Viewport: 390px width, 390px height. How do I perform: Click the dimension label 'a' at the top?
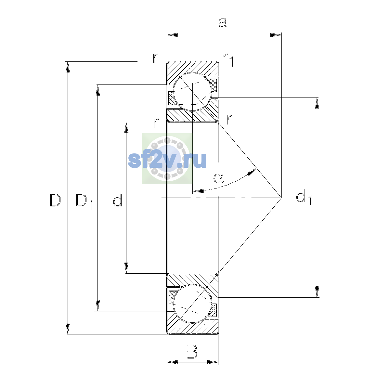(223, 22)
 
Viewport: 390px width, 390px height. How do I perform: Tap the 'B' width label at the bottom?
(192, 352)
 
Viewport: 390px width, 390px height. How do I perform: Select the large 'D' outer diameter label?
(55, 200)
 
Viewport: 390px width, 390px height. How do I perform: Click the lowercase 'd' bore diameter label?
(117, 200)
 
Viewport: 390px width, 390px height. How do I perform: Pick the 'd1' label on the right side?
(304, 197)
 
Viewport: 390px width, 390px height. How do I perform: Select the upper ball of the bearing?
(192, 92)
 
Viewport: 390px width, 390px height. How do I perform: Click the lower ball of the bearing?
(192, 304)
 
